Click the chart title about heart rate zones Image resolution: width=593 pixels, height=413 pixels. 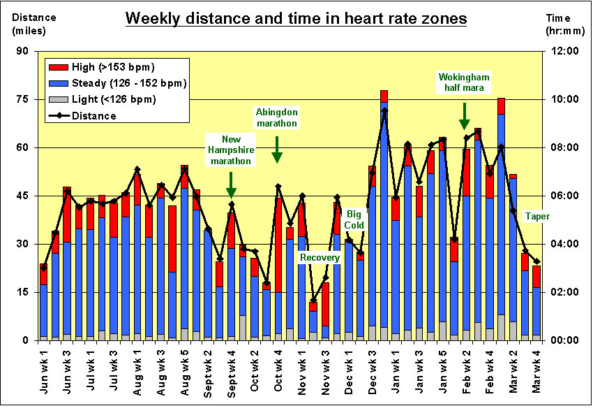[x=296, y=19]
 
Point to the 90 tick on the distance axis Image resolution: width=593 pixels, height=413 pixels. [x=23, y=51]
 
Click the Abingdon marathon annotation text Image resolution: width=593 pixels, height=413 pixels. [x=277, y=117]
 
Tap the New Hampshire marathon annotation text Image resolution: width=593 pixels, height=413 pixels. [x=230, y=150]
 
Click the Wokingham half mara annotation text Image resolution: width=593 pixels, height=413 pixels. [x=464, y=82]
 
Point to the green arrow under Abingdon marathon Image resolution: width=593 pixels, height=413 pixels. [x=277, y=150]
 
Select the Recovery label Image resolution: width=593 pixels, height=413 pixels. [x=320, y=258]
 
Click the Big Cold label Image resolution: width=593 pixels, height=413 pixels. [x=354, y=220]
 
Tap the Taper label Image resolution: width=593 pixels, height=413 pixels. [x=536, y=217]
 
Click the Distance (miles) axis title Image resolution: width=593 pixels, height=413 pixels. [x=34, y=23]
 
